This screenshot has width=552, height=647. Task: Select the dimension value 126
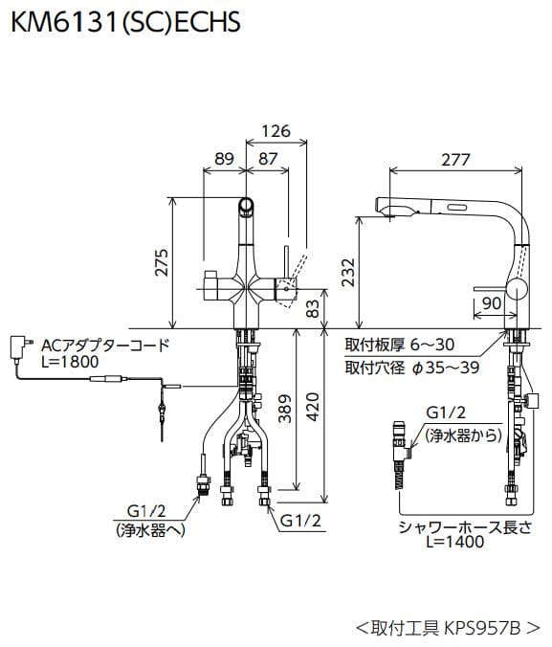276,130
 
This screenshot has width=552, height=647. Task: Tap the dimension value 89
225,159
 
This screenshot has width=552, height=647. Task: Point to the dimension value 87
269,159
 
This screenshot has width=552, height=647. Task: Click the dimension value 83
312,308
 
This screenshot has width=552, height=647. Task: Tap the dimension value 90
492,302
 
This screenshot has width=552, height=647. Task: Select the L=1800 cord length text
69,363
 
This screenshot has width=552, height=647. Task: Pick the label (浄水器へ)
147,529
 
